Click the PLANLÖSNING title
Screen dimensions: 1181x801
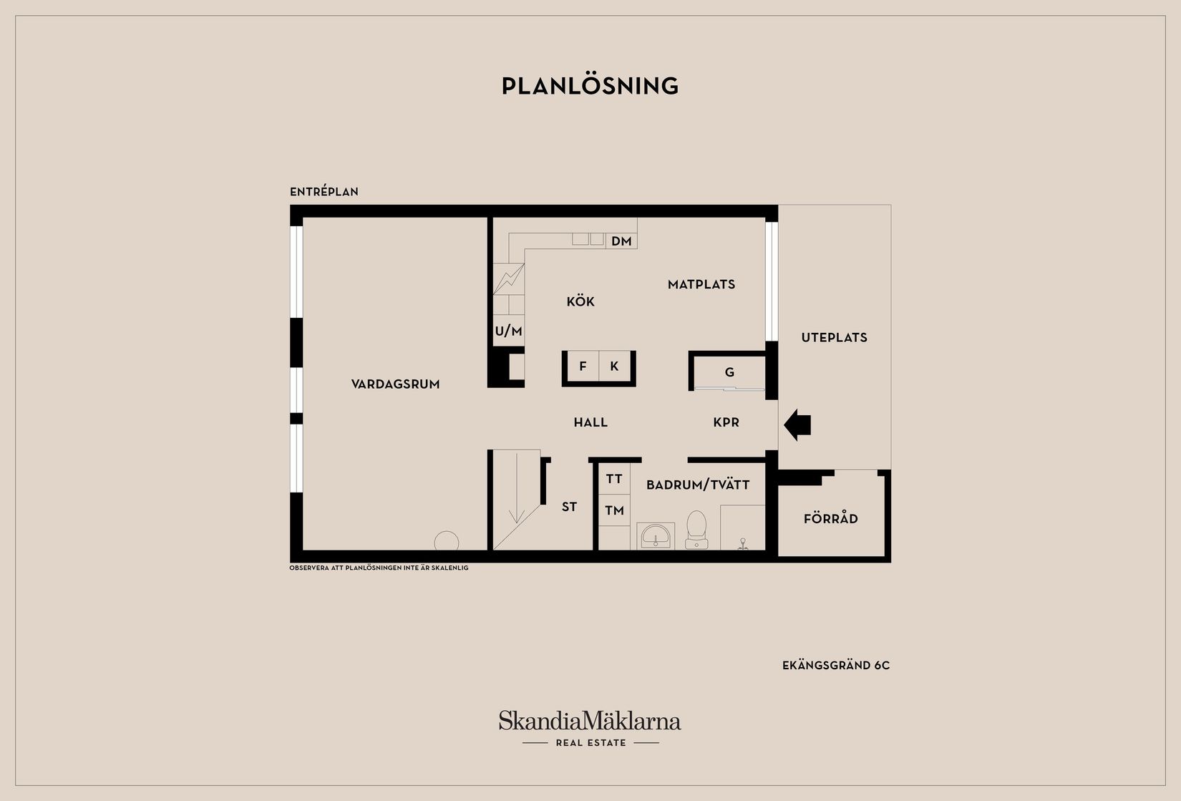[590, 86]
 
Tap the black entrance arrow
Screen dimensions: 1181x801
[797, 425]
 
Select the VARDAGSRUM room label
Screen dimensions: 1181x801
[395, 384]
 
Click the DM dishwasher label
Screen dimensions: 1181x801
[621, 241]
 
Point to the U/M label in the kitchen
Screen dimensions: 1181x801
[508, 331]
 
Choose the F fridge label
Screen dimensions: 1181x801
[583, 366]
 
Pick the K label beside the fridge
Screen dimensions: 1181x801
[614, 366]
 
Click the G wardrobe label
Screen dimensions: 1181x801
[729, 372]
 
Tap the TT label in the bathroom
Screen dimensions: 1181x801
[614, 479]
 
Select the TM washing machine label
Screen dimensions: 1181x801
[614, 510]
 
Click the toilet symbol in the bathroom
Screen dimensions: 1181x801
[696, 530]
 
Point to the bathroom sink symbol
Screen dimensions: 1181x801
[656, 535]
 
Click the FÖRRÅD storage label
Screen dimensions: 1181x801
[831, 518]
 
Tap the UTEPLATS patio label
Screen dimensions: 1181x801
[834, 337]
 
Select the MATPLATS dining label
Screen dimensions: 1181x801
[701, 285]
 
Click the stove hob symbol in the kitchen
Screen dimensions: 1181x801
[509, 279]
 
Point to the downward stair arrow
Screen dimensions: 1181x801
[517, 487]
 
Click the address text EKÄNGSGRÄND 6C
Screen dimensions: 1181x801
[836, 666]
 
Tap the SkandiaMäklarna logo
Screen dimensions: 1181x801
[590, 728]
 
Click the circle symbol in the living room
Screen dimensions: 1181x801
[447, 541]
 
